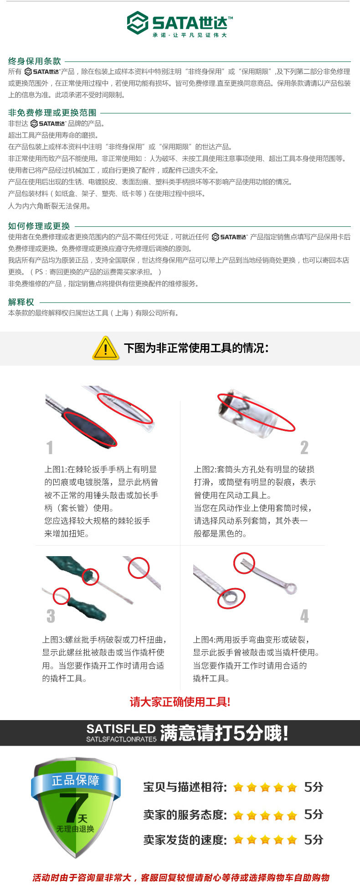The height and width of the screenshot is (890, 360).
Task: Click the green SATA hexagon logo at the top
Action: (x=138, y=23)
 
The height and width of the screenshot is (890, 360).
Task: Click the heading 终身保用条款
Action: (x=35, y=61)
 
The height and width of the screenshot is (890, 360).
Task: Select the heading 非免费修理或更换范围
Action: (x=52, y=113)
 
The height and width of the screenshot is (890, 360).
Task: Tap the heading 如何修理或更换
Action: (x=39, y=226)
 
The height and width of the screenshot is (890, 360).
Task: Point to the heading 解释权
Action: (x=21, y=302)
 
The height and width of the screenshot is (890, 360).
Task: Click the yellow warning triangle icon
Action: (x=106, y=348)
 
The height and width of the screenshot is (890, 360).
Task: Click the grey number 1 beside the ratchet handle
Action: (x=50, y=447)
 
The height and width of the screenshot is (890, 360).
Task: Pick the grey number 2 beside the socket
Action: (x=304, y=447)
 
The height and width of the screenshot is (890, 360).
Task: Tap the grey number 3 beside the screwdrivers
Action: (x=51, y=616)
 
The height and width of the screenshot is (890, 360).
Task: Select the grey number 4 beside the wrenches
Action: (x=304, y=616)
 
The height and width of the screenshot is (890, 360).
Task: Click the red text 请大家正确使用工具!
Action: (x=180, y=701)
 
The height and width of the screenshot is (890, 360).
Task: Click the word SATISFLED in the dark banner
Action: (x=121, y=729)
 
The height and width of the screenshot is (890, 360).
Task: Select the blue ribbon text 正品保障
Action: (x=76, y=780)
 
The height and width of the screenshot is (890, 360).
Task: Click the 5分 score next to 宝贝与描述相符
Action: (x=314, y=787)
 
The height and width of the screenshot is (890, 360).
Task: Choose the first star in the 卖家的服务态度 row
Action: (x=238, y=815)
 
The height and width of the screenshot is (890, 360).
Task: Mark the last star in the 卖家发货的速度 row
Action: (x=292, y=839)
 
